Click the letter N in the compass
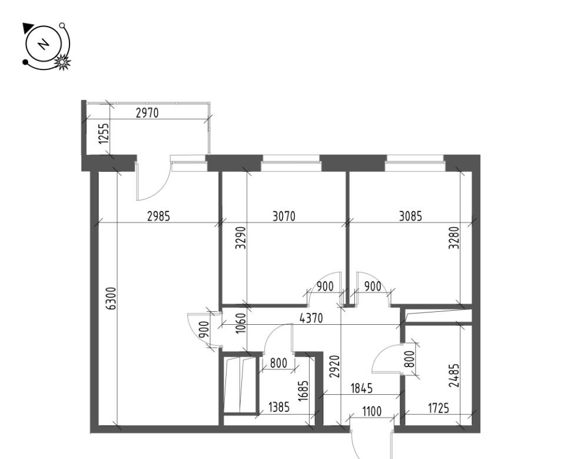(x=44, y=44)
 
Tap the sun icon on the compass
(x=62, y=62)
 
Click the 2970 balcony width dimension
(x=147, y=113)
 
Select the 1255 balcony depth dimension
(x=104, y=134)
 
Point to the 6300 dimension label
(x=112, y=298)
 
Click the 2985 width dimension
(x=158, y=217)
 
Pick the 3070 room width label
(x=284, y=217)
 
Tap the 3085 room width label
(x=410, y=217)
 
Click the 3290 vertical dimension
(x=240, y=238)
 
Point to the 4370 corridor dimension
(x=311, y=318)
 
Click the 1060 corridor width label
(x=241, y=324)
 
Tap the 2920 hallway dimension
(x=335, y=367)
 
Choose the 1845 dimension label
(x=361, y=388)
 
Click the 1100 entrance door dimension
(x=372, y=411)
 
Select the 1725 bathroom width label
(x=438, y=408)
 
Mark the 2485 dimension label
(x=455, y=375)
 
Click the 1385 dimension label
(x=279, y=407)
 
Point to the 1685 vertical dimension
(x=304, y=391)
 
